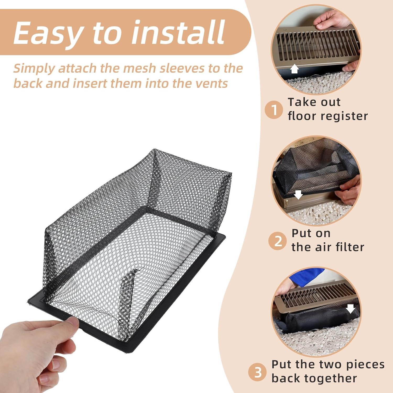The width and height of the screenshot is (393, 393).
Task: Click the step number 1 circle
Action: (x=274, y=110)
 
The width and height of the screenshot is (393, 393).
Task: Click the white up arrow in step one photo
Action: (x=295, y=69)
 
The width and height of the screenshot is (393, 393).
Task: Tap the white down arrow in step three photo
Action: (x=350, y=308)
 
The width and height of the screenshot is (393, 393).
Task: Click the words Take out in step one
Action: (x=314, y=102)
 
